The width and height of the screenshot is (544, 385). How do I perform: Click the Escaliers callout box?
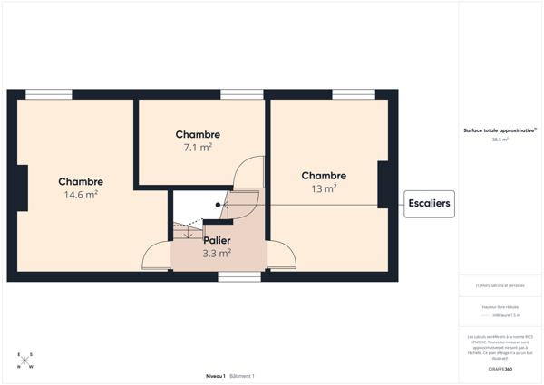[x=429, y=204]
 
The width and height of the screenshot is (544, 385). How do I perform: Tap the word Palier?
[x=217, y=240]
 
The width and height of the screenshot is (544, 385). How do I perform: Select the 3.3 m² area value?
[x=217, y=254]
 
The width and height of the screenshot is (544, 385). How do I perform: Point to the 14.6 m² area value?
[x=81, y=195]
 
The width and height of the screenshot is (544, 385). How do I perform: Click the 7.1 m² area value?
[x=198, y=147]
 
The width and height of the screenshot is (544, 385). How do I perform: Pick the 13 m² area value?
[x=324, y=188]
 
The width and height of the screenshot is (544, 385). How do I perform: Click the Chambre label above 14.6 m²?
[x=81, y=181]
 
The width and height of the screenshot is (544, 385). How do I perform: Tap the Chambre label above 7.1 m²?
[x=198, y=134]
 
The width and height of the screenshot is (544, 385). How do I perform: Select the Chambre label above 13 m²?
[x=324, y=176]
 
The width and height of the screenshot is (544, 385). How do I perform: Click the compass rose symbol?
[x=25, y=361]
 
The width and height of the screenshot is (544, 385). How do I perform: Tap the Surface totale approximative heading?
[x=500, y=130]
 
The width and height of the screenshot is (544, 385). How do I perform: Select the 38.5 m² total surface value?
[x=500, y=140]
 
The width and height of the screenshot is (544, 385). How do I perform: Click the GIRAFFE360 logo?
[x=500, y=370]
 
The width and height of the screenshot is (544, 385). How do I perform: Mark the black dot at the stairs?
[x=218, y=205]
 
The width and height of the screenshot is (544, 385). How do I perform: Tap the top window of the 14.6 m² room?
[x=49, y=94]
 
